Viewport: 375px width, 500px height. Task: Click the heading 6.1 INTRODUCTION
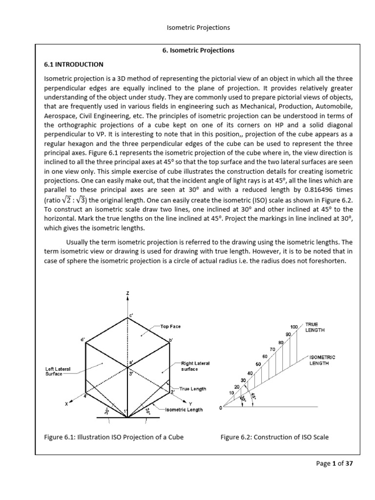(73, 64)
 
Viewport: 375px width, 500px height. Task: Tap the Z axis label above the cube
(128, 293)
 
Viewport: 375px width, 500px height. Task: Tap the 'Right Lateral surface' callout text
(195, 366)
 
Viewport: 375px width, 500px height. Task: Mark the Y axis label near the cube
(176, 403)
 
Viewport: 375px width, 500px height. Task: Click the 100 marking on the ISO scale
(293, 326)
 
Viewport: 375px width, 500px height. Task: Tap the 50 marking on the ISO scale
(258, 364)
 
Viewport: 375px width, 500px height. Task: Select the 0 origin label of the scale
(220, 408)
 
